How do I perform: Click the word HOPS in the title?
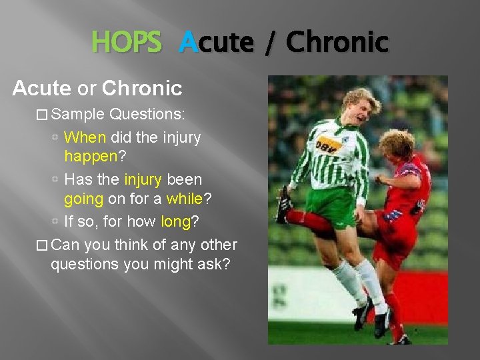(x=127, y=43)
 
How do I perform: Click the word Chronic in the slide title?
(x=337, y=43)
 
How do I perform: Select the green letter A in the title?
(x=189, y=43)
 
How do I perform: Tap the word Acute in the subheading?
(x=41, y=87)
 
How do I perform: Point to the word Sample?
(x=78, y=114)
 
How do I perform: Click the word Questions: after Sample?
(x=147, y=114)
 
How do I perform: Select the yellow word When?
(x=85, y=137)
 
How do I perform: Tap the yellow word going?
(x=83, y=199)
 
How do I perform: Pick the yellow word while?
(x=183, y=199)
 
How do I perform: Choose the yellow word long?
(x=176, y=221)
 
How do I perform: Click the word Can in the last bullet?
(x=65, y=245)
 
